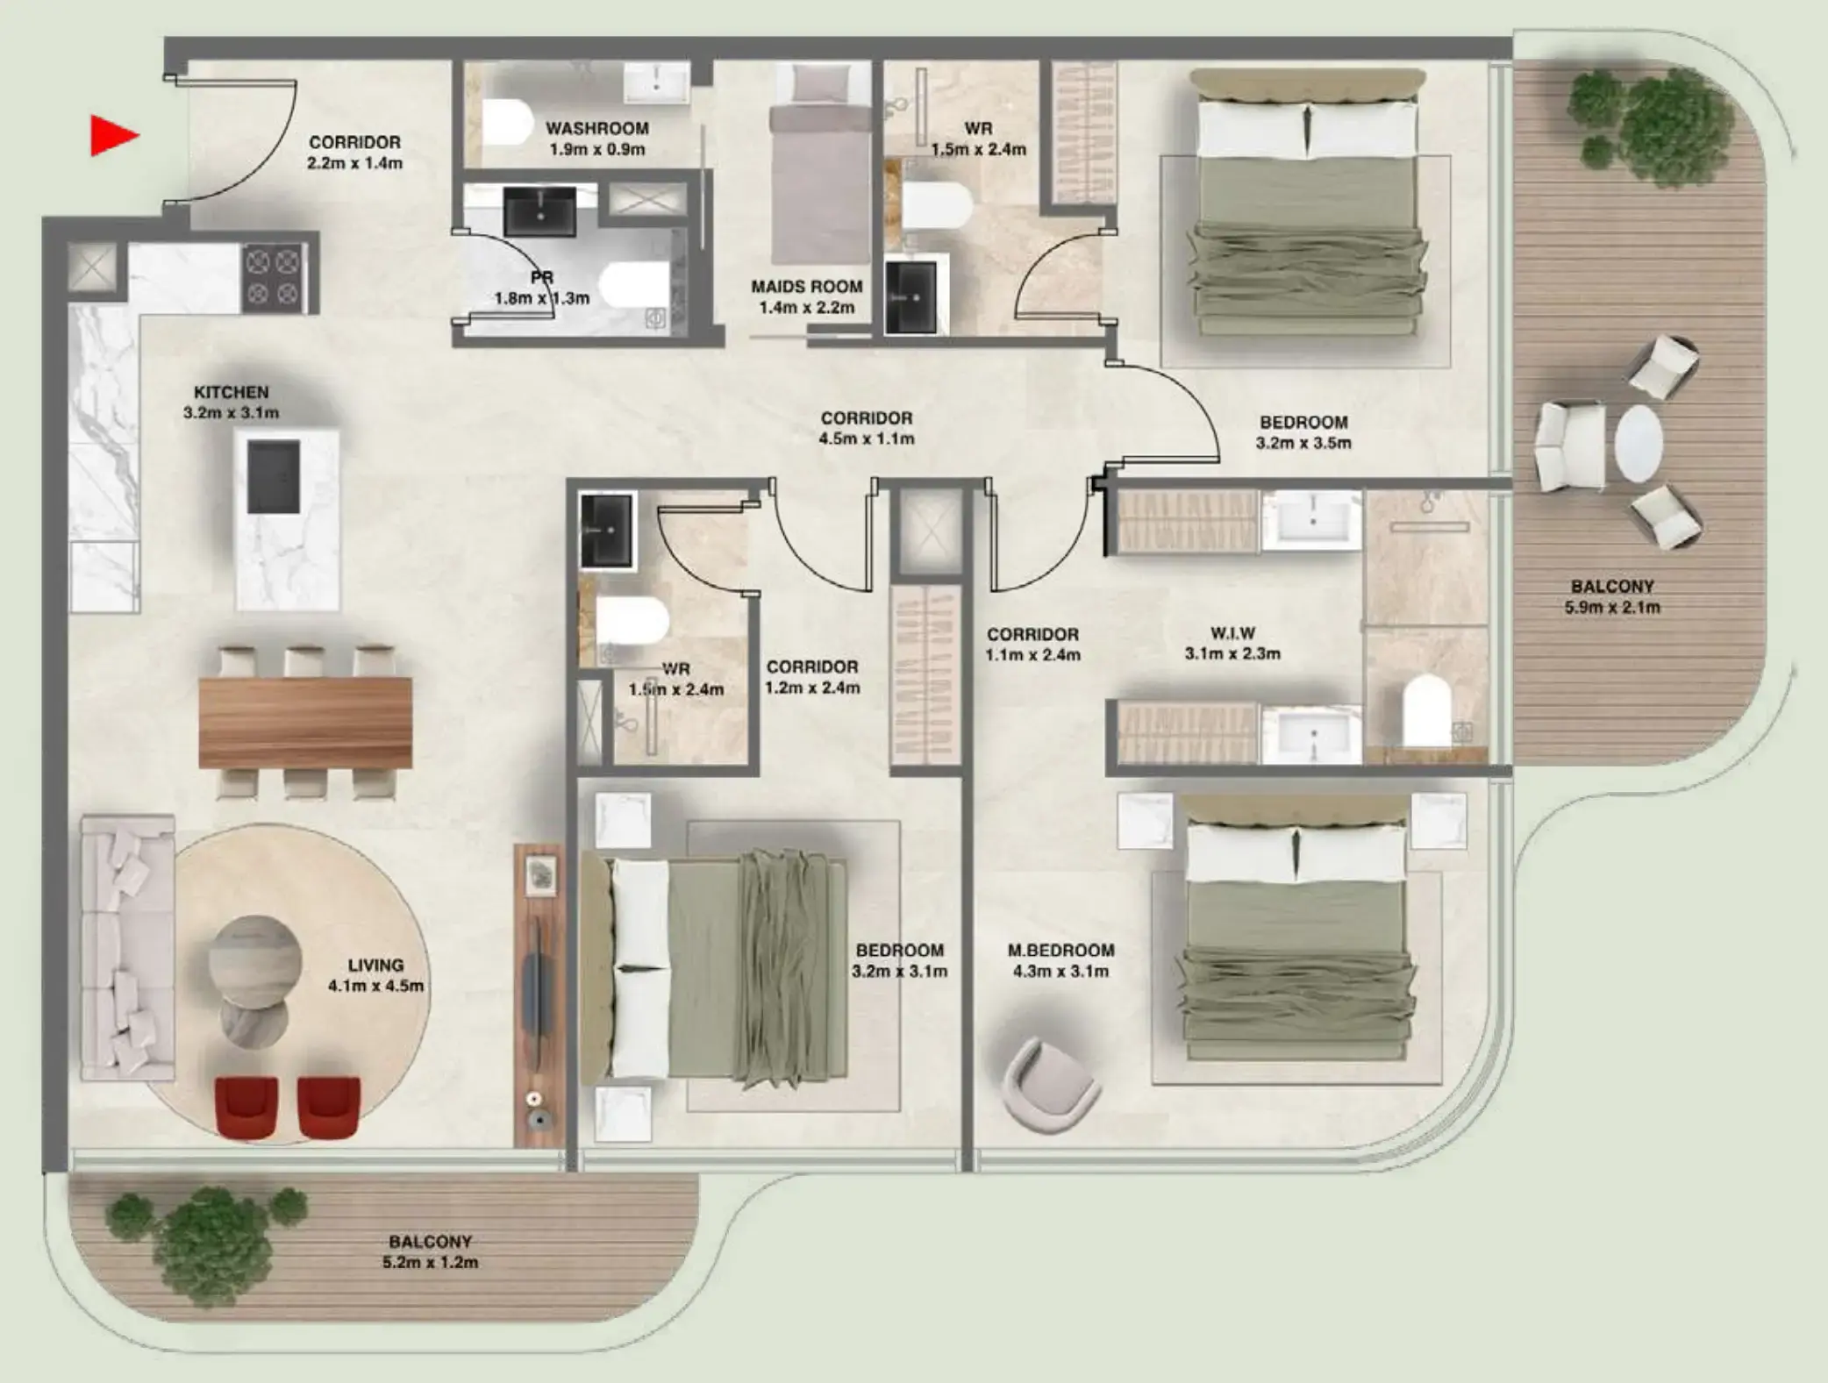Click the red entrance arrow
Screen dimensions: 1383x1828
(113, 136)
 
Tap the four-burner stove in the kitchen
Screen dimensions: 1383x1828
(273, 276)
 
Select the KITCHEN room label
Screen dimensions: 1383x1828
(231, 392)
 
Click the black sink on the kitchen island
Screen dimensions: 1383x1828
(274, 477)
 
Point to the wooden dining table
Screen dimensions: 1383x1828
(304, 722)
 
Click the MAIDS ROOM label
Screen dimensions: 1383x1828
(806, 287)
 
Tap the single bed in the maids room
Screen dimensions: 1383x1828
(819, 167)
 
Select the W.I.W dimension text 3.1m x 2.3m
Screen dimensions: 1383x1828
(1232, 653)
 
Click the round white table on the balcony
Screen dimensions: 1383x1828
(1639, 443)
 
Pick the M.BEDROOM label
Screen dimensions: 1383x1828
(1060, 950)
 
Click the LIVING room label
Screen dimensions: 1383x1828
(375, 965)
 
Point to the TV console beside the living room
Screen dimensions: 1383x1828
(539, 995)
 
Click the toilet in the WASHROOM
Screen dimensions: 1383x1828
(507, 123)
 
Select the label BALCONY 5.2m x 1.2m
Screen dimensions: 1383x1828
(430, 1251)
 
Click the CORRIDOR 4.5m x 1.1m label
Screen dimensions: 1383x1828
(866, 428)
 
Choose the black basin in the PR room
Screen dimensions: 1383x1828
(539, 211)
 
